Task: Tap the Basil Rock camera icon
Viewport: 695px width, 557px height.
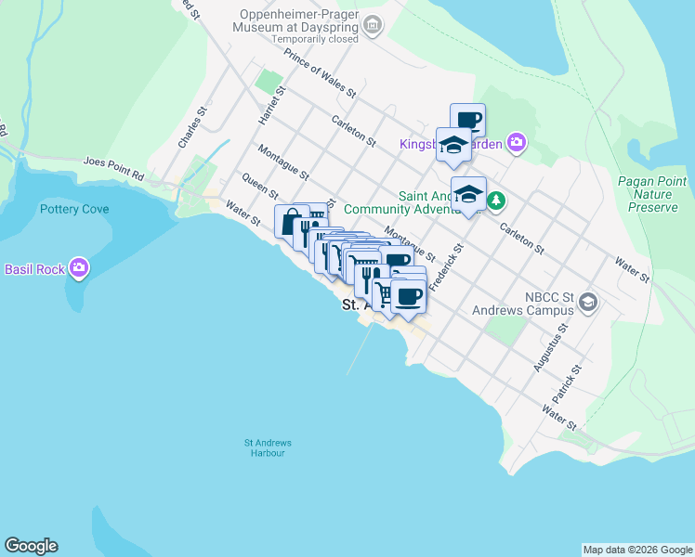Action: point(79,269)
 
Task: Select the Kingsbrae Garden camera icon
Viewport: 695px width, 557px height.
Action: point(516,143)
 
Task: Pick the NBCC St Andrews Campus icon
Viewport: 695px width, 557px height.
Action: point(587,302)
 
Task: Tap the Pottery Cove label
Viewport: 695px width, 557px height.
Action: point(74,209)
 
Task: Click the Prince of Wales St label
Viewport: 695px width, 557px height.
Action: point(321,74)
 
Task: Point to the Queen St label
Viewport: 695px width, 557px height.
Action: point(259,184)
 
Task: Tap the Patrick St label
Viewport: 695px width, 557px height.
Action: point(570,382)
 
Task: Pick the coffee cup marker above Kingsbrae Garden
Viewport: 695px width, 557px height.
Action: point(467,118)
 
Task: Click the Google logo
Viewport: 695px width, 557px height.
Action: point(31,546)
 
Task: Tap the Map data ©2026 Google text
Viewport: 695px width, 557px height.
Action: point(636,550)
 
